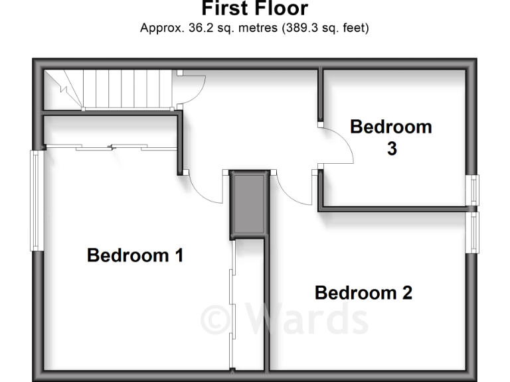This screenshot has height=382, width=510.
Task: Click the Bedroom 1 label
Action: (135, 255)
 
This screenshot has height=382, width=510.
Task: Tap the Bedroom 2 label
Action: (363, 292)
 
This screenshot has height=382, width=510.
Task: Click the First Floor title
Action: (255, 9)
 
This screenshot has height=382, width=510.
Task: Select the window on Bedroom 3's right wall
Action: (473, 190)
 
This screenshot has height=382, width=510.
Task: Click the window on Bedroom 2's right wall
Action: (473, 232)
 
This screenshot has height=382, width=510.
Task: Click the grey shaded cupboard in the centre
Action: (249, 204)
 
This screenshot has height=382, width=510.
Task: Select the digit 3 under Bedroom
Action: (392, 149)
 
